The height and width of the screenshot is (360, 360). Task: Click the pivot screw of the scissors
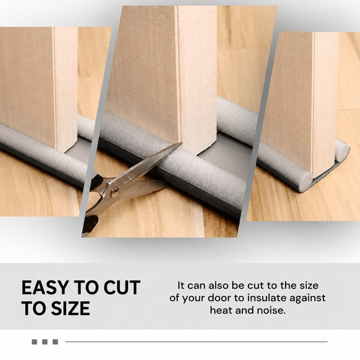click(115, 192)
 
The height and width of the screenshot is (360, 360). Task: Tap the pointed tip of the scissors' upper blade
click(182, 142)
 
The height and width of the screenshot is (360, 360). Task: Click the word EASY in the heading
click(45, 287)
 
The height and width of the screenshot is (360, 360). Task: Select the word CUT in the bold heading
click(122, 287)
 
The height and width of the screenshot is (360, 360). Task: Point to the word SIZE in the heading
click(70, 308)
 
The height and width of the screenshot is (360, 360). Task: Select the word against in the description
click(307, 298)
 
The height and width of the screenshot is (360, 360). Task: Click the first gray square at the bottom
click(34, 342)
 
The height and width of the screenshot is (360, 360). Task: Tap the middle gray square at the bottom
click(45, 342)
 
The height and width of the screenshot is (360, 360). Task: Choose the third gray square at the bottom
click(55, 342)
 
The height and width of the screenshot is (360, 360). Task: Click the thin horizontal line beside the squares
click(196, 342)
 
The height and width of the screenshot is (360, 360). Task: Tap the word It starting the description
click(181, 286)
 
